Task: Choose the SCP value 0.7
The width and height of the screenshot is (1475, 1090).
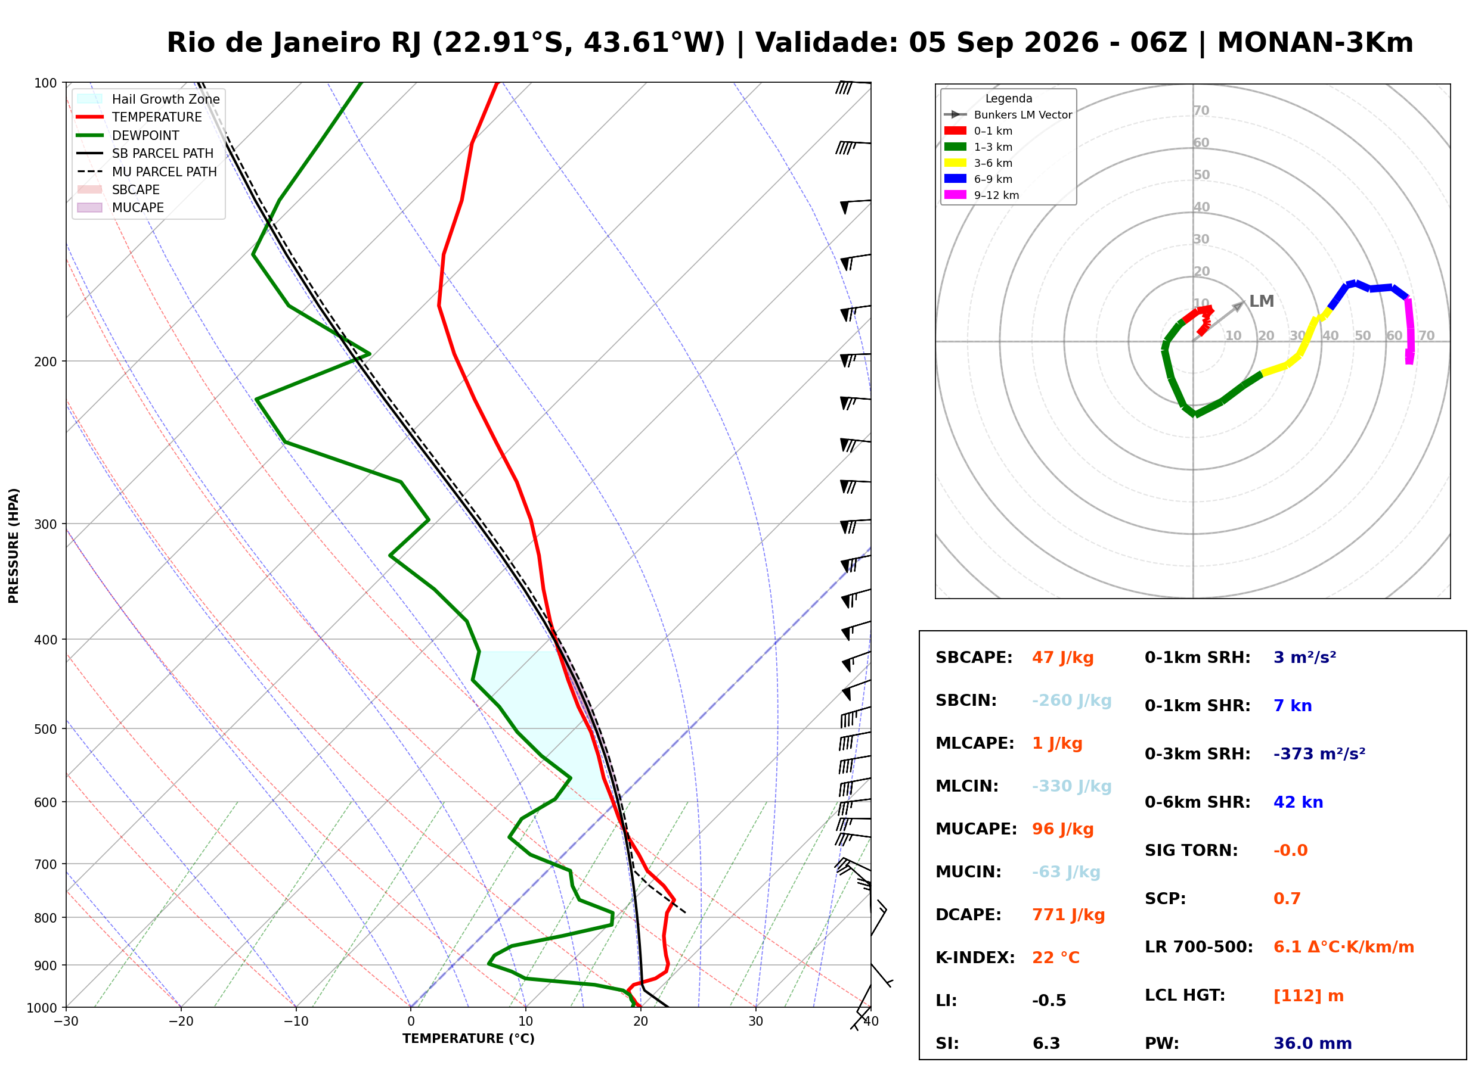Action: coord(1287,899)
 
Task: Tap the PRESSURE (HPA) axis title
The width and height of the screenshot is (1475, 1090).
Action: coord(14,546)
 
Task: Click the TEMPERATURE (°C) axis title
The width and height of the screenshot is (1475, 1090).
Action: coord(469,1039)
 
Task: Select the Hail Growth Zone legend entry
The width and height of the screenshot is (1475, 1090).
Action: coord(148,99)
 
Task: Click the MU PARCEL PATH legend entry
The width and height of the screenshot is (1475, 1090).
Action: coord(147,172)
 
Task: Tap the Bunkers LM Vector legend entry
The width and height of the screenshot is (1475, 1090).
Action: coord(1008,115)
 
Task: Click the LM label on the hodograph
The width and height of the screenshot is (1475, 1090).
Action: coord(1262,301)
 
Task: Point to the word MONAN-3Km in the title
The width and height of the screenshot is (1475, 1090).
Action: coord(1315,43)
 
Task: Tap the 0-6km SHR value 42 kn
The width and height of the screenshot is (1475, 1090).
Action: coord(1299,802)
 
